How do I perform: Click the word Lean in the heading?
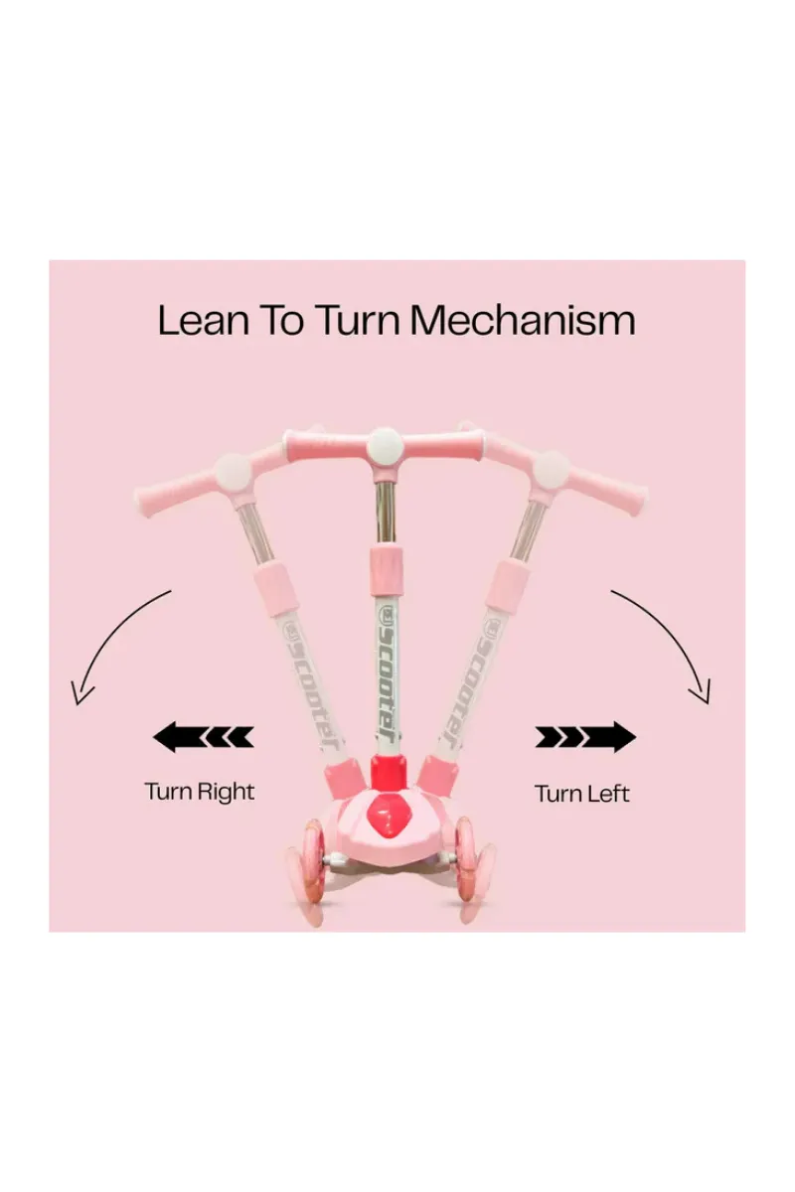tap(204, 320)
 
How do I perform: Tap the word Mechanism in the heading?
tap(524, 320)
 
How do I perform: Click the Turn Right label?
tap(199, 792)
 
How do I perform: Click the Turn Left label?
tap(582, 794)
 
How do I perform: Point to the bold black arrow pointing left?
tap(204, 737)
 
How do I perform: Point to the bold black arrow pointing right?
tap(585, 737)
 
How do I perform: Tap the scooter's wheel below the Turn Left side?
tap(471, 861)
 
